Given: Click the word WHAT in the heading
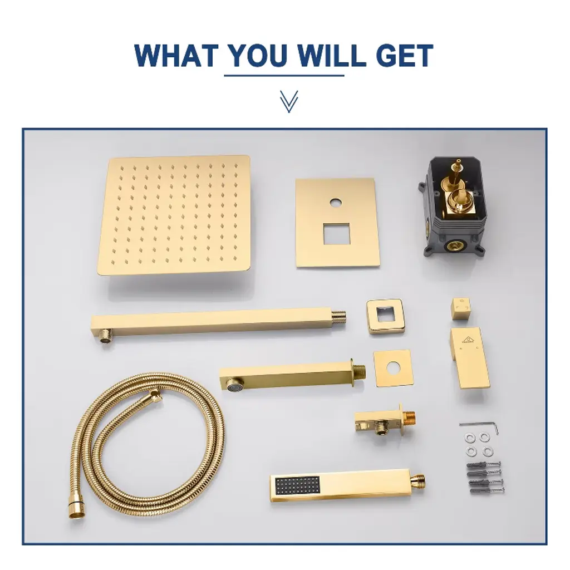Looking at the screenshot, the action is pyautogui.click(x=176, y=55).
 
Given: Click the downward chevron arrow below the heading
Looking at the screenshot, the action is pyautogui.click(x=289, y=101).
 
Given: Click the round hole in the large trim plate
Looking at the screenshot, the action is pyautogui.click(x=336, y=202).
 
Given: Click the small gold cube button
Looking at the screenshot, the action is pyautogui.click(x=461, y=309).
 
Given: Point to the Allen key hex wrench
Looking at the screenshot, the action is pyautogui.click(x=478, y=425).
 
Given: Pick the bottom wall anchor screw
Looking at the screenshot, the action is pyautogui.click(x=487, y=491).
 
